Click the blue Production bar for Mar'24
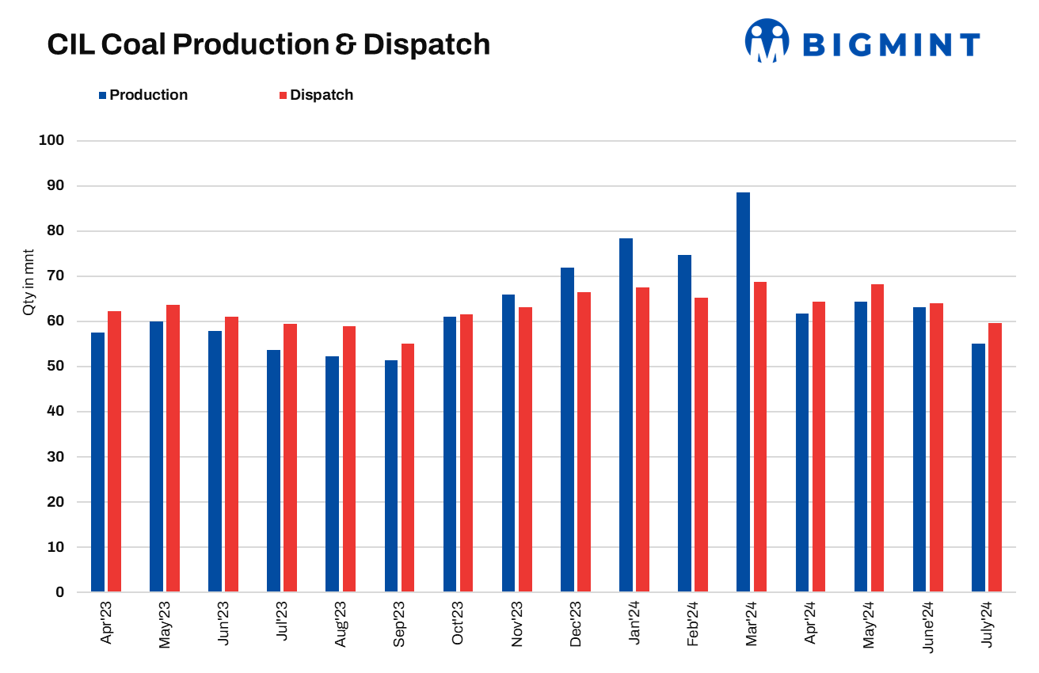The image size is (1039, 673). [743, 392]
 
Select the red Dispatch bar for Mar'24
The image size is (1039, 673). [760, 437]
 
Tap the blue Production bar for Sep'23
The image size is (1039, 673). [390, 476]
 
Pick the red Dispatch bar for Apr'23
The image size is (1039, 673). [114, 451]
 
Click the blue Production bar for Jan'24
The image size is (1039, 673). [626, 415]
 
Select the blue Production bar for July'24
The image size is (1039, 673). [978, 467]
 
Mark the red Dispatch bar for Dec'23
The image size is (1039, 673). [584, 442]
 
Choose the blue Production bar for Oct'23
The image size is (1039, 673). [450, 454]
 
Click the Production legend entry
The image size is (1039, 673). [143, 95]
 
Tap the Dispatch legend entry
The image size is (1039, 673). [316, 95]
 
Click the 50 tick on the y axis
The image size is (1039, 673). [55, 367]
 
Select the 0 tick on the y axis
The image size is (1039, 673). [59, 592]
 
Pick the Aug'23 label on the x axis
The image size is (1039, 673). [341, 625]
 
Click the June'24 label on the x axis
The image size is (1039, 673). [927, 626]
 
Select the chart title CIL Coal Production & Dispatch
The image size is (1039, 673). [268, 44]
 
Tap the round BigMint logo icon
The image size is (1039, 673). [767, 41]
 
